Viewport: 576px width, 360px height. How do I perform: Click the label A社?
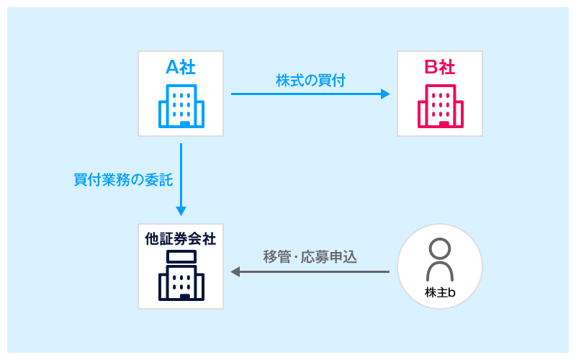click(x=180, y=67)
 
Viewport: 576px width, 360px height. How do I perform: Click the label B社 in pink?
click(x=439, y=67)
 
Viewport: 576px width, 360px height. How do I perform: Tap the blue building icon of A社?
click(x=181, y=106)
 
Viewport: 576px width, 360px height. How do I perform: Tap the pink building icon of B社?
click(x=440, y=106)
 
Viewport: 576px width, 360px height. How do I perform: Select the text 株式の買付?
click(x=310, y=80)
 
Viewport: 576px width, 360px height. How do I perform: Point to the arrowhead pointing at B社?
click(x=385, y=94)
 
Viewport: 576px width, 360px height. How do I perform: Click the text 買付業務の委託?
click(x=123, y=180)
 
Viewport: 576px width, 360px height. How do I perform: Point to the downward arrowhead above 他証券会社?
click(x=181, y=211)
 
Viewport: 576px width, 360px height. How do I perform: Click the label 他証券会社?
click(x=180, y=238)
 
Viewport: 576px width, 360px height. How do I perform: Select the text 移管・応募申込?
click(x=310, y=257)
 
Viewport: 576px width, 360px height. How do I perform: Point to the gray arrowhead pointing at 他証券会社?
click(x=235, y=271)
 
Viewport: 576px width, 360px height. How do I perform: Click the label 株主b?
click(x=440, y=292)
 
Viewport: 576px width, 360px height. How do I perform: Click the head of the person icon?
click(x=439, y=248)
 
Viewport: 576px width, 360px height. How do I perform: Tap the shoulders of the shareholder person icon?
click(x=439, y=272)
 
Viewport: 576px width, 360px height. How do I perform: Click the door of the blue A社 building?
click(x=185, y=124)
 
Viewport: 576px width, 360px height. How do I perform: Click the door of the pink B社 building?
click(x=444, y=124)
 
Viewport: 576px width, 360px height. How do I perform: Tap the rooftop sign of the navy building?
click(x=181, y=256)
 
